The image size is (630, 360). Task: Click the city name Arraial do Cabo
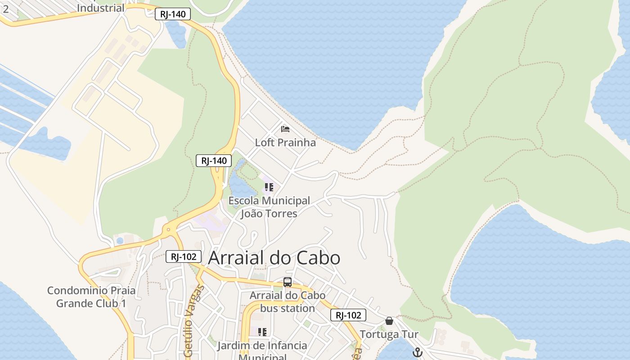(274, 258)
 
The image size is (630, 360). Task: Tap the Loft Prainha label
(285, 143)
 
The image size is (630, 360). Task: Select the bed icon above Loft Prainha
(285, 129)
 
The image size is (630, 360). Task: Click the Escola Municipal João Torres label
(269, 207)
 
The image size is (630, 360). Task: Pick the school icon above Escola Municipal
(269, 187)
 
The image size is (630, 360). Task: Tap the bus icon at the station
(287, 283)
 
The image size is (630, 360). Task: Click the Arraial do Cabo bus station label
(287, 302)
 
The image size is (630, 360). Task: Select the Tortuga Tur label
(389, 335)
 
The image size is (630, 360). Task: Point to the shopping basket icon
(389, 321)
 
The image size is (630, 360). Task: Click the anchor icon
(418, 352)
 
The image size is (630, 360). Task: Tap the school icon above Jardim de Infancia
(262, 332)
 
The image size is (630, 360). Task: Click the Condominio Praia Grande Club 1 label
(91, 297)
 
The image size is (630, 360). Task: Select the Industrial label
(100, 8)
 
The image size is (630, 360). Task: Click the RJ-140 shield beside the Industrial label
(173, 14)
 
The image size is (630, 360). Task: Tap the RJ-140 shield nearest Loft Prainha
(214, 161)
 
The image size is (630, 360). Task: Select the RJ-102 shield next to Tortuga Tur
(348, 315)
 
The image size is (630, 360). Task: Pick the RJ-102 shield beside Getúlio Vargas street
(183, 256)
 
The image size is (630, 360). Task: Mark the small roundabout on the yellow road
(169, 229)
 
